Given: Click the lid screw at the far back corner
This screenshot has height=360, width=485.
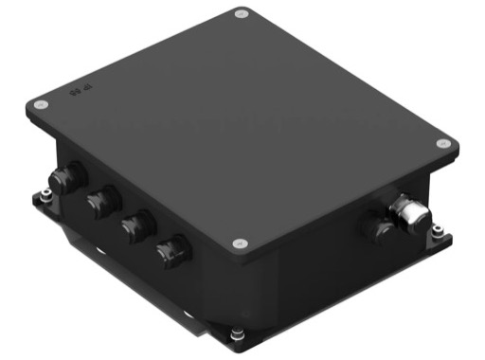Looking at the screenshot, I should (241, 16).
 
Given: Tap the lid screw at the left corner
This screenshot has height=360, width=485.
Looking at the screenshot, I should (40, 104).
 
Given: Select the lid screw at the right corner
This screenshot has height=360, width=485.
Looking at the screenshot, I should (442, 143).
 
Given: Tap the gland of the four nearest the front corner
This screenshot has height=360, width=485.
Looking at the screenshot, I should (173, 251).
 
